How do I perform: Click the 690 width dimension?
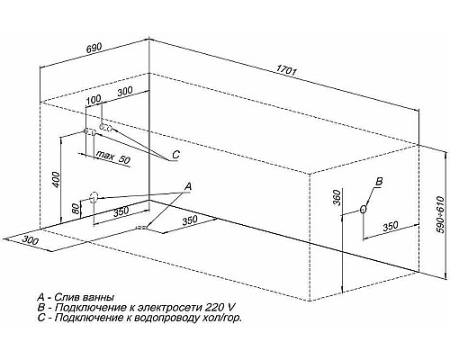click(x=94, y=48)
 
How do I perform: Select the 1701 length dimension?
click(x=286, y=71)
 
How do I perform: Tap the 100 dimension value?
click(x=94, y=100)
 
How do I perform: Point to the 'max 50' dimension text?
click(x=113, y=157)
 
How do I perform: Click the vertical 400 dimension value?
click(x=58, y=180)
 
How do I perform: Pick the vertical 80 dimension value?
click(x=77, y=209)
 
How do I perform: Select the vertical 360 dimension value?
click(x=337, y=198)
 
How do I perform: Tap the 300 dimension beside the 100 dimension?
click(x=124, y=91)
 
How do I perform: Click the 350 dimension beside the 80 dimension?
click(x=121, y=211)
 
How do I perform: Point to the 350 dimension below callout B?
click(x=391, y=226)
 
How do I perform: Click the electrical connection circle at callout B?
click(x=364, y=210)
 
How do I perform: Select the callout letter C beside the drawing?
click(x=175, y=155)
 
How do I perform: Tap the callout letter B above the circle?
click(x=380, y=181)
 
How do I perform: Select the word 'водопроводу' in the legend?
click(x=159, y=318)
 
